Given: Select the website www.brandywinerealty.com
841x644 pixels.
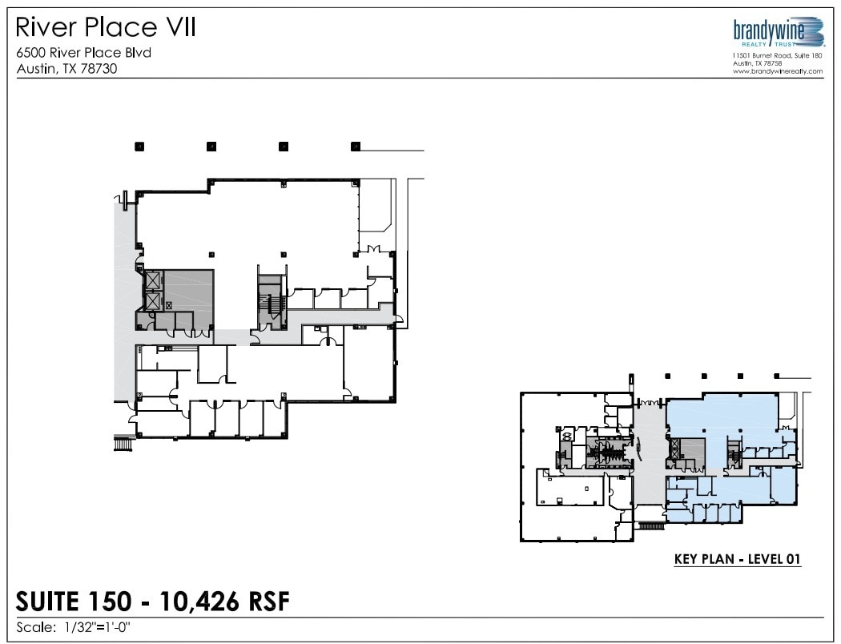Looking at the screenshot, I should pos(777,71).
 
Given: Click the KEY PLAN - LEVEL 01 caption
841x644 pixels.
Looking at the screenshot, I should pos(738,560).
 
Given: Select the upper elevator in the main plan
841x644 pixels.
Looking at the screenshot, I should pos(151,282).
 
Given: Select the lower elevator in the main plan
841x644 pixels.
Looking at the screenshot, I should pos(151,301).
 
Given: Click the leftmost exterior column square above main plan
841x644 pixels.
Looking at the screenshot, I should pos(139,147).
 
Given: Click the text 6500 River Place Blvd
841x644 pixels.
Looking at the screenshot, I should pos(84,54).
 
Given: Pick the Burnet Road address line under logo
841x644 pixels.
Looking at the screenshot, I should pos(777,55).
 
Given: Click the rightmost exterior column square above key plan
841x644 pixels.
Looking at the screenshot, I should pos(776,376).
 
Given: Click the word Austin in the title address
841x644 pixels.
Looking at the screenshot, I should pos(34,69).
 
